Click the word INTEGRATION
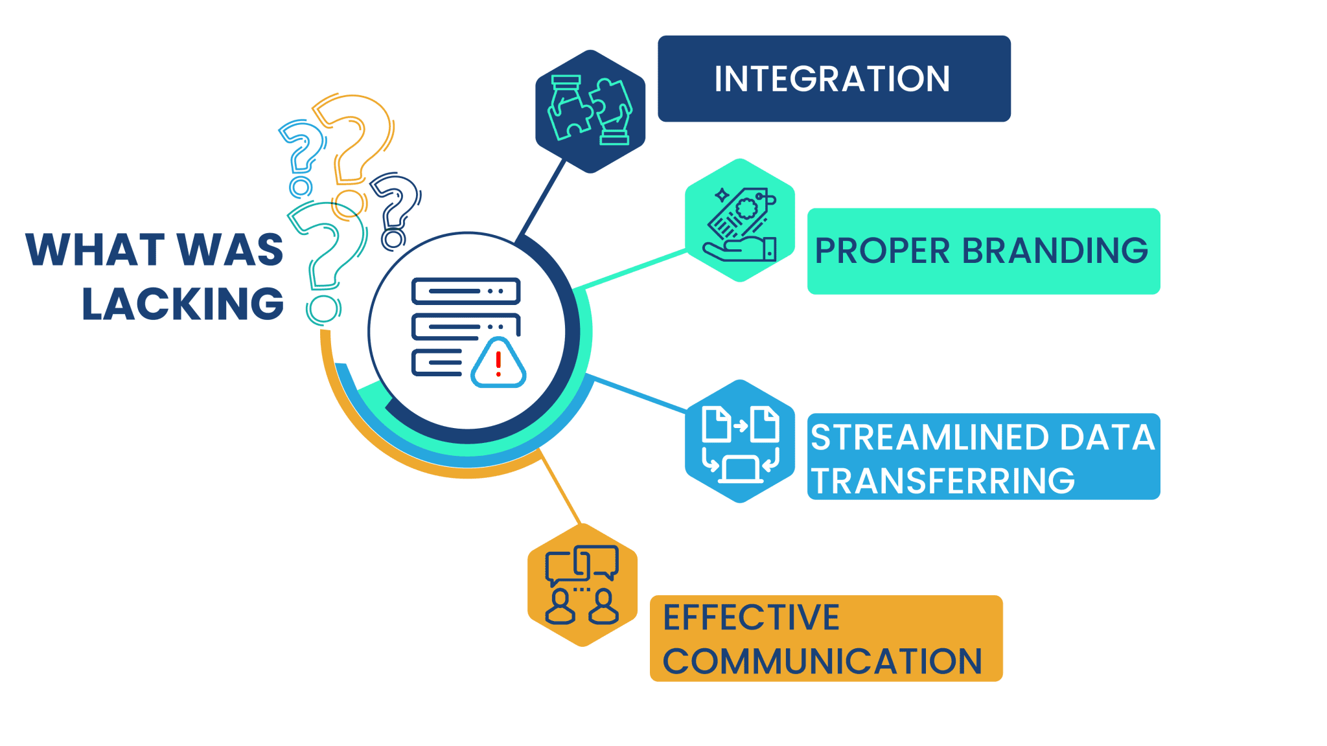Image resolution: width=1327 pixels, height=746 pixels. [x=832, y=79]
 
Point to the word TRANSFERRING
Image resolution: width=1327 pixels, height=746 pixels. [x=943, y=480]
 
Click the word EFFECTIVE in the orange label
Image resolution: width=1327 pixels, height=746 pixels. [x=751, y=617]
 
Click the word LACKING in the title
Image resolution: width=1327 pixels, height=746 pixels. [x=183, y=303]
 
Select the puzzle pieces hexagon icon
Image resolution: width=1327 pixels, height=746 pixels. [x=590, y=111]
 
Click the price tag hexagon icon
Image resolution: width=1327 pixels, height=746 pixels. [x=740, y=220]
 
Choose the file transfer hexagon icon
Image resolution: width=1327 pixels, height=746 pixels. [x=740, y=441]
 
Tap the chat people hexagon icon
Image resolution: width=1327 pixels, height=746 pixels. [x=583, y=585]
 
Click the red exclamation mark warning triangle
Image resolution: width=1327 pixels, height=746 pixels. [x=498, y=363]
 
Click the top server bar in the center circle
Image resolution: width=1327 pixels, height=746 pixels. [x=466, y=291]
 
